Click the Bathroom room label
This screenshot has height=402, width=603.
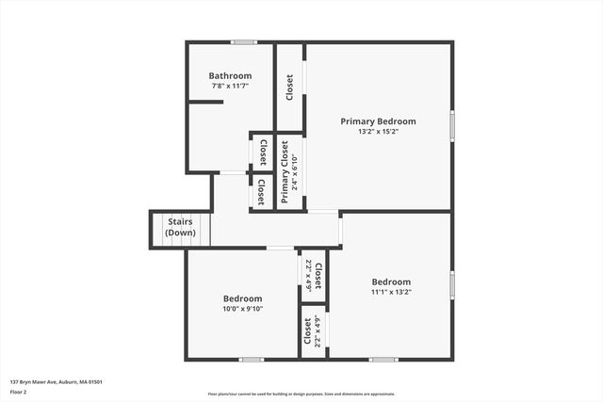[230, 76]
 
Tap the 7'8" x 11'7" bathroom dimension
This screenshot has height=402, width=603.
[230, 86]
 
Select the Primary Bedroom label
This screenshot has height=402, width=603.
[378, 121]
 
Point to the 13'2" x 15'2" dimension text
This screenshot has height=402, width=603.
[378, 132]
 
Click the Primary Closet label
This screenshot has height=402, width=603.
[285, 171]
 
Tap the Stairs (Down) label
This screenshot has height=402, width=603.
[180, 227]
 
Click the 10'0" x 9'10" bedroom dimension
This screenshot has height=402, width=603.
[242, 308]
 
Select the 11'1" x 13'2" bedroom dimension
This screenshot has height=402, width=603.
[391, 292]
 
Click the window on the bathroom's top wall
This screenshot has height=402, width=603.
[245, 41]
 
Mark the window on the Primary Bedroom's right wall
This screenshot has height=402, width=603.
[452, 123]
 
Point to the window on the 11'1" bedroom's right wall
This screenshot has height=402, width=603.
[452, 283]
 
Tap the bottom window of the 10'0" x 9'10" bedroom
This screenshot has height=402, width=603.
[251, 359]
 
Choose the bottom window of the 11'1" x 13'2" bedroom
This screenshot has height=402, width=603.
[383, 359]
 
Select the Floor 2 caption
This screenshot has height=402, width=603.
[20, 393]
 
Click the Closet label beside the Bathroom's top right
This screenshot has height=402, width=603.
[289, 87]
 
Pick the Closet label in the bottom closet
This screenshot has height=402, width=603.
[308, 331]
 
